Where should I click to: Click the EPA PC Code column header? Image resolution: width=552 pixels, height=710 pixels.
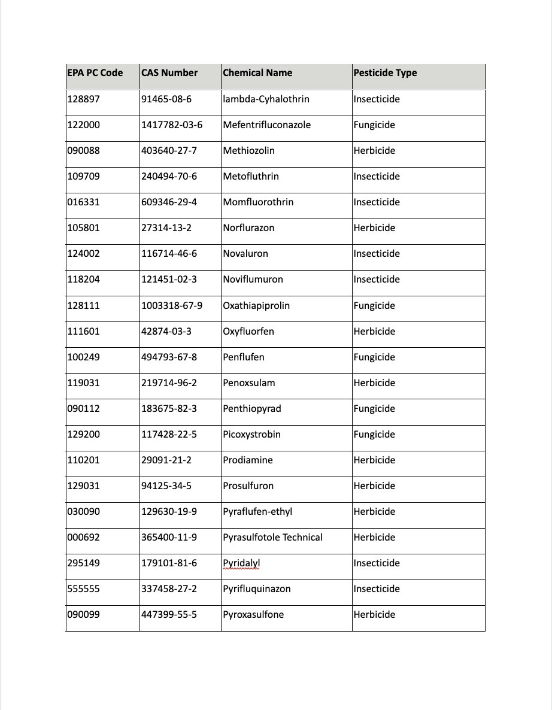point(95,73)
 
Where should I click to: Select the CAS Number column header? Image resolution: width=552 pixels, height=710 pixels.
point(169,73)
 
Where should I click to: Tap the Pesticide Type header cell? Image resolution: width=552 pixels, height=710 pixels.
point(385,73)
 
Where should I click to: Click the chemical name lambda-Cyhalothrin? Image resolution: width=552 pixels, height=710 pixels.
point(266,99)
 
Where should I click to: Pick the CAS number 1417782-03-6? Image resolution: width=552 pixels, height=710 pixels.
point(172,125)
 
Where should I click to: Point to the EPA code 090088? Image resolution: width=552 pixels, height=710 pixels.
point(84,150)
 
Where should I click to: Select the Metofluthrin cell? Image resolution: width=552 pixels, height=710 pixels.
point(251,176)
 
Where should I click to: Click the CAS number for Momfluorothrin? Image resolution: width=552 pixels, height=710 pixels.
point(169,202)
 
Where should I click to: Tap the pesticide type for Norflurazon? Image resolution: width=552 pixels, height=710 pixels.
point(374,227)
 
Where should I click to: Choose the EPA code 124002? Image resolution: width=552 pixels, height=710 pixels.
point(84,253)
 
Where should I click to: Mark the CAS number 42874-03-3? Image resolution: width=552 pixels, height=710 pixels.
point(166,331)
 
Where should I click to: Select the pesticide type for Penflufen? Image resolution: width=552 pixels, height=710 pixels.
point(374,357)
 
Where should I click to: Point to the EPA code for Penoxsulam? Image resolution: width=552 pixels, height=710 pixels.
point(84,383)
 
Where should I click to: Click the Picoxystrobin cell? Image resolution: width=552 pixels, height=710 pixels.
point(251,434)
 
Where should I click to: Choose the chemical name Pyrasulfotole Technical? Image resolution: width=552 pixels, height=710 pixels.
point(272,537)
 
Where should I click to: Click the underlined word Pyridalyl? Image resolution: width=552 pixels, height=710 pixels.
point(241,563)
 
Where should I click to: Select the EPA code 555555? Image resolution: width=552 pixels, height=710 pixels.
point(84,588)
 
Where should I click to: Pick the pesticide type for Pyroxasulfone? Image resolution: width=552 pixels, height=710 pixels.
point(374,614)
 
